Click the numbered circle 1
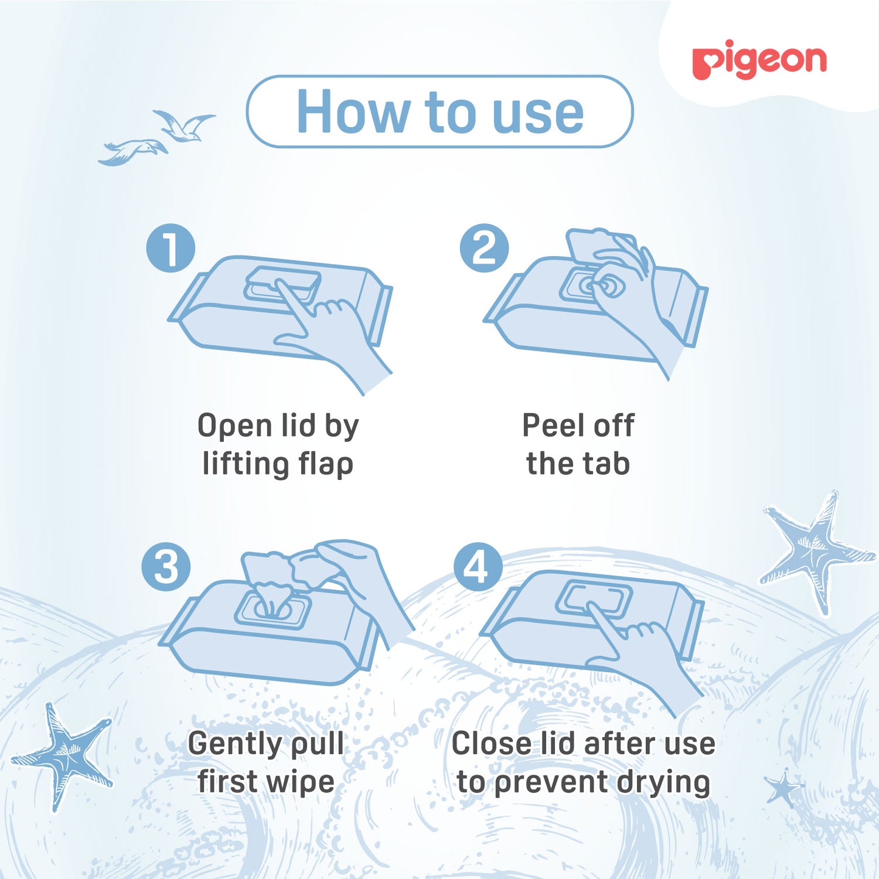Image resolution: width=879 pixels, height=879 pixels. [x=170, y=248]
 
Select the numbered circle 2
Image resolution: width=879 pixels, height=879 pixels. [x=484, y=248]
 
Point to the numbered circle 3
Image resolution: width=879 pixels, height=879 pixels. [x=166, y=567]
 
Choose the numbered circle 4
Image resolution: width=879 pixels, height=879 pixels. [x=478, y=567]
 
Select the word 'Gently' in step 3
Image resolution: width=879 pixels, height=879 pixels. [x=232, y=745]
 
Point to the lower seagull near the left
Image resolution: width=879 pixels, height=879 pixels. [x=132, y=152]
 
